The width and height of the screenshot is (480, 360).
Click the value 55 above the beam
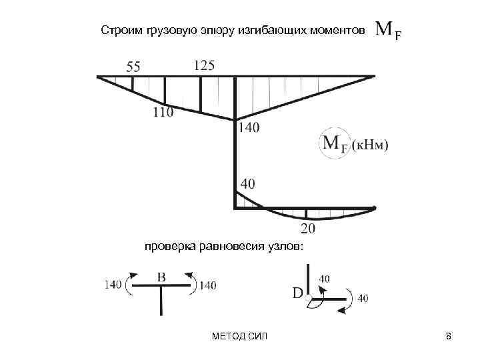133,67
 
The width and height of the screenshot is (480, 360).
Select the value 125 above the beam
205,65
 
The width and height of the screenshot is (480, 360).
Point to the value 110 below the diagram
163,112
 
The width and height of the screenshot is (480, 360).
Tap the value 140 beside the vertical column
249,127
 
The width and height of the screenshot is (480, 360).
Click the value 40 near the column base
247,183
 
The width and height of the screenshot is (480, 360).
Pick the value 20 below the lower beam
308,229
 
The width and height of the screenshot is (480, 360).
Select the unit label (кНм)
369,144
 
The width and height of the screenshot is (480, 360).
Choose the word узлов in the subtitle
287,247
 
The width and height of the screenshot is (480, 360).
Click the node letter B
162,277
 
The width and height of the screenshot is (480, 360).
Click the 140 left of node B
113,285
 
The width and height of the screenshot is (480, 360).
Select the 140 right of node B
207,285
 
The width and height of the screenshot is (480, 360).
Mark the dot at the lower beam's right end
375,208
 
